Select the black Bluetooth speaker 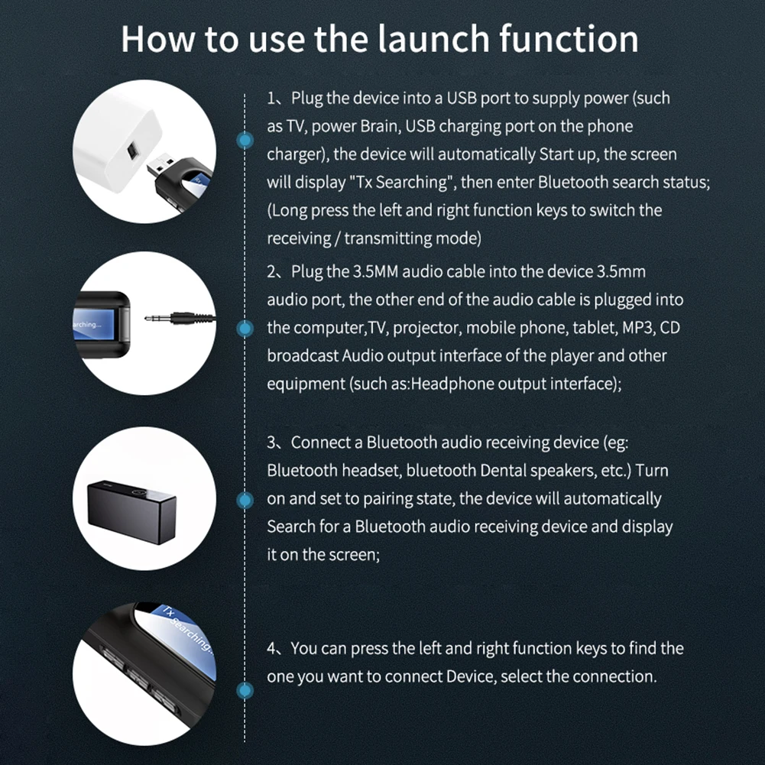pos(131,510)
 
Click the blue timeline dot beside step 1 pos(245,140)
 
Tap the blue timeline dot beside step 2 pos(245,329)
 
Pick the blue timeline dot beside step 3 pos(245,501)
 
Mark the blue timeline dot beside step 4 pos(245,691)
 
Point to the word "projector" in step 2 pos(425,328)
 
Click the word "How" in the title pos(156,38)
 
